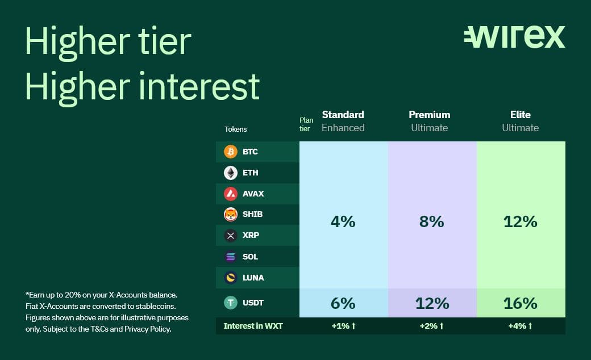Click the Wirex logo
[x=514, y=37]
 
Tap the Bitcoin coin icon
[x=231, y=152]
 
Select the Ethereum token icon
[x=231, y=173]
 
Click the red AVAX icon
[x=231, y=194]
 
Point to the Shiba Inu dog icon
[x=231, y=214]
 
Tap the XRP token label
[x=251, y=235]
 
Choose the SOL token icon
[x=231, y=257]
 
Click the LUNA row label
[x=253, y=278]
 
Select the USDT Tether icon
[x=231, y=303]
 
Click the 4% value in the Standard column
[x=343, y=222]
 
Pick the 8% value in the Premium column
[x=431, y=222]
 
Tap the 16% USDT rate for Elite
[x=521, y=304]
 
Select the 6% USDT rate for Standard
[x=343, y=304]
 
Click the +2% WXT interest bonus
[x=431, y=326]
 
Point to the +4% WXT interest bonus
[x=520, y=326]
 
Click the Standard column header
[x=343, y=115]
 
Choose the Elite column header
[x=521, y=115]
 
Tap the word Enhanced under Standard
[x=343, y=128]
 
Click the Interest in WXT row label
[x=253, y=326]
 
